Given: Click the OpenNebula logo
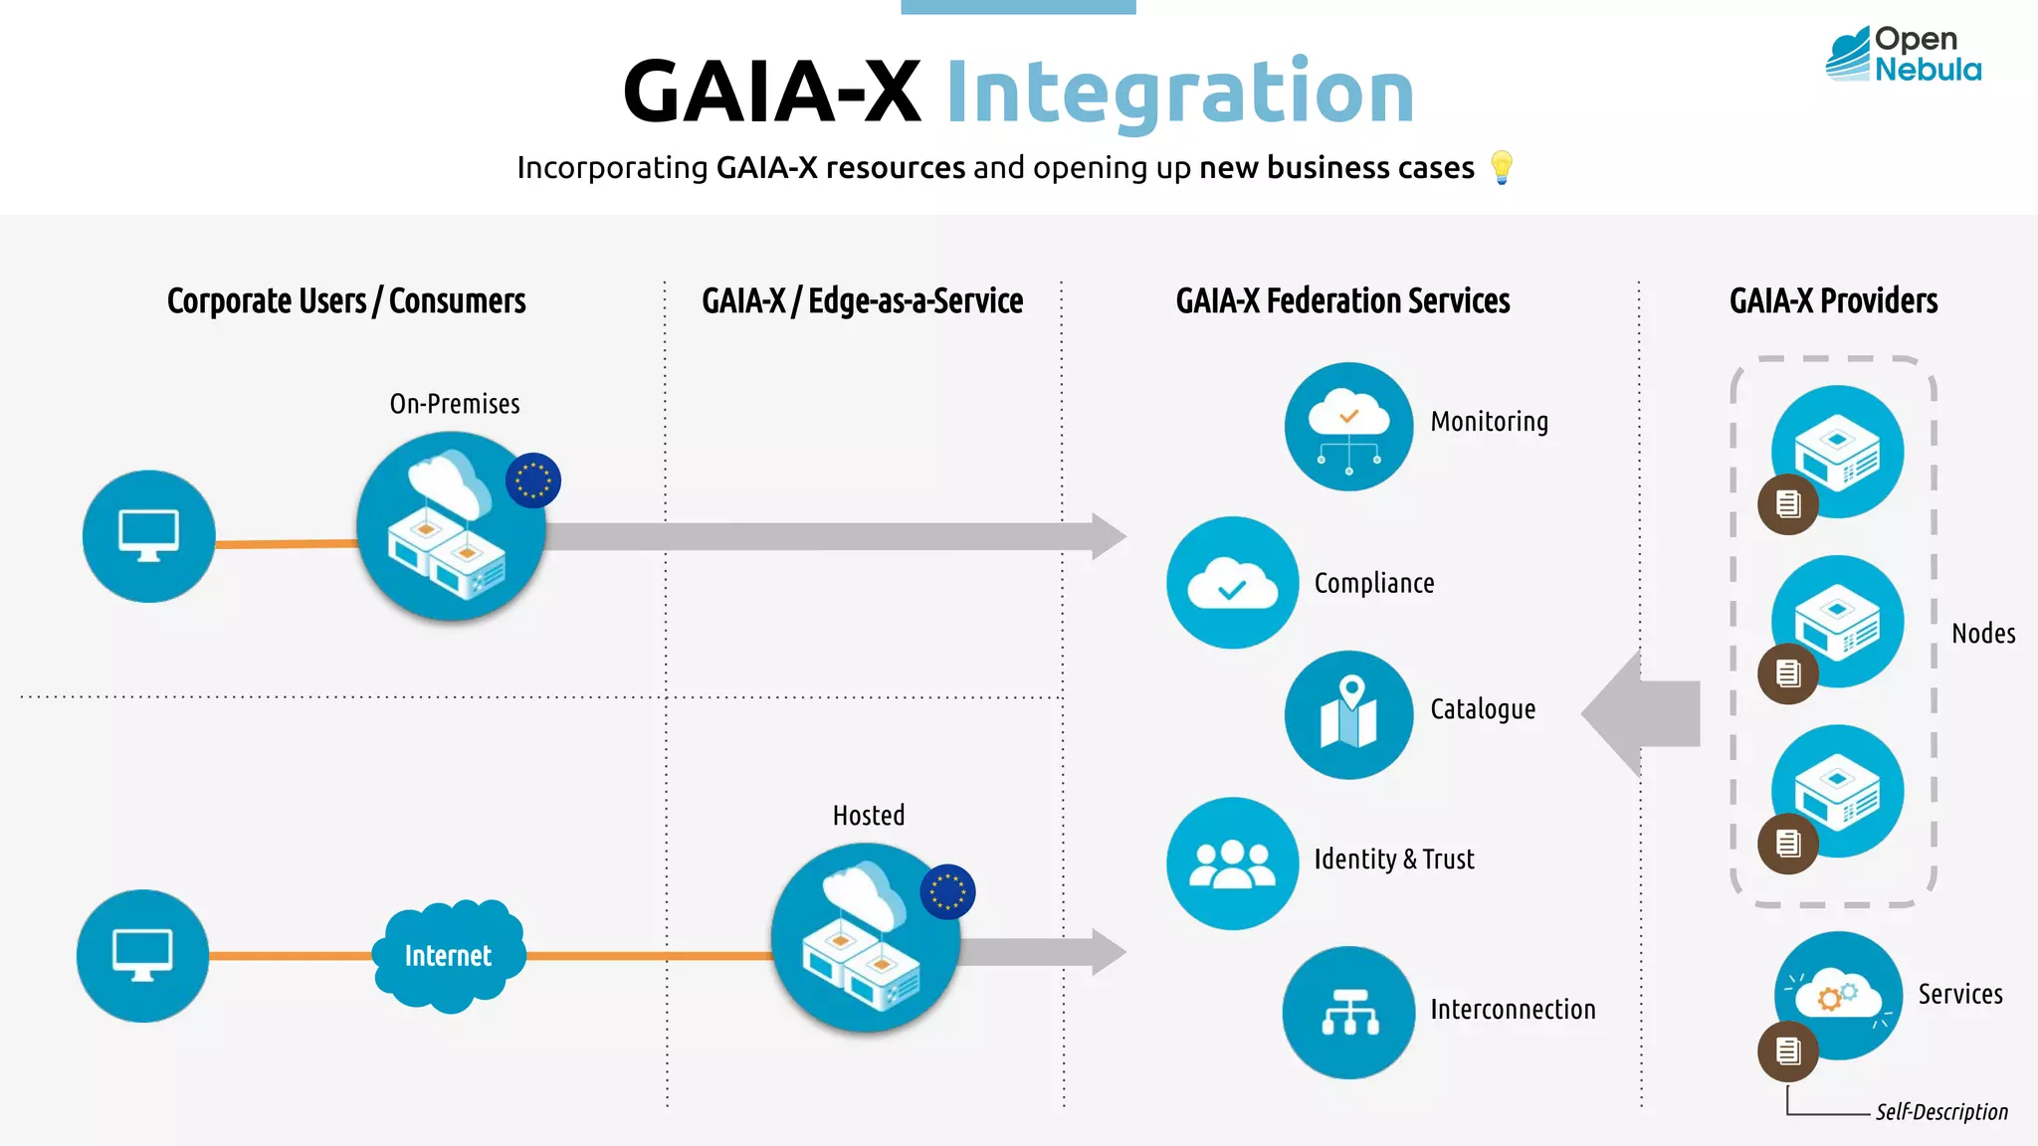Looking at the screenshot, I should point(1903,55).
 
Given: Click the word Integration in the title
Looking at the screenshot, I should point(1179,93).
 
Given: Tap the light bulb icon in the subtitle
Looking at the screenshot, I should point(1502,167).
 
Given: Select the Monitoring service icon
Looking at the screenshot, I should point(1348,426).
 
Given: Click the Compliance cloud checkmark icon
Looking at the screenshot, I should point(1232,583).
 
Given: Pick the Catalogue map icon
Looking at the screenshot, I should point(1348,714).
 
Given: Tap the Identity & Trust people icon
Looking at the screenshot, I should point(1232,862).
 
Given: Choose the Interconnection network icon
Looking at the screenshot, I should point(1348,1012).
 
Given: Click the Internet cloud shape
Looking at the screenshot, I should point(448,955).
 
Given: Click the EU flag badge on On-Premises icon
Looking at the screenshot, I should point(533,480).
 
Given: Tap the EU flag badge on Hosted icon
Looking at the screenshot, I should point(947,891).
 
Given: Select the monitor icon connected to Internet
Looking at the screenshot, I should point(142,955).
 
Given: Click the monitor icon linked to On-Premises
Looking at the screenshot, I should point(148,536).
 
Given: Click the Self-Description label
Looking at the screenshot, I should point(1940,1112).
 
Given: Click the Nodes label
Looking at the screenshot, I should point(1982,634).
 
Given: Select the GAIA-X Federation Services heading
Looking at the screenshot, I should point(1342,300).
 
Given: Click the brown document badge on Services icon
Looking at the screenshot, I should point(1787,1051).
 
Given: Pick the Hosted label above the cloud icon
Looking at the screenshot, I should point(869,816).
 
